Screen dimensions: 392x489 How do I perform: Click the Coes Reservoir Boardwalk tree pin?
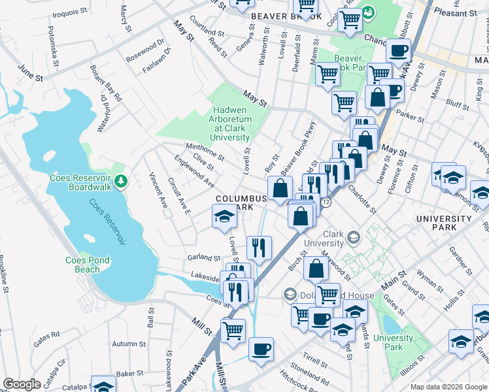[120, 180]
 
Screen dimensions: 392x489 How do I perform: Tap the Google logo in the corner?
[22, 384]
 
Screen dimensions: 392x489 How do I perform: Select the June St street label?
[31, 73]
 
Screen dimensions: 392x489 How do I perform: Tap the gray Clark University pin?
[354, 237]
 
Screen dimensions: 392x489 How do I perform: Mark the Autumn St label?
[129, 344]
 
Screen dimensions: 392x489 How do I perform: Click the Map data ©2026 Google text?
[448, 387]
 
